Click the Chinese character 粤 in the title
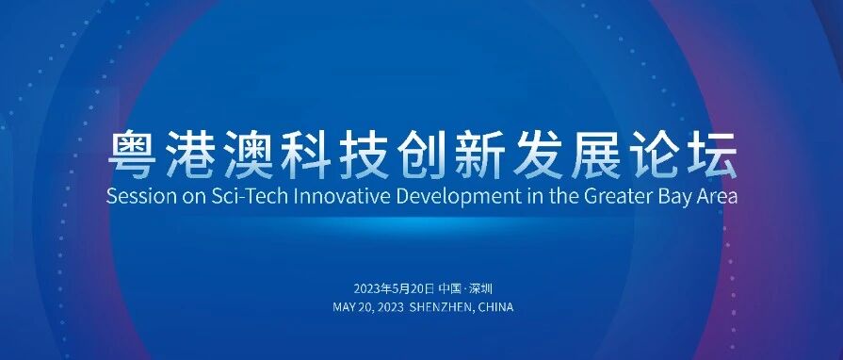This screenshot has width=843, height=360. [x=133, y=155]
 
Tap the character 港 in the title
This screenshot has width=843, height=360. [x=190, y=155]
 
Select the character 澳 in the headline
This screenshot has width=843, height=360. [x=249, y=155]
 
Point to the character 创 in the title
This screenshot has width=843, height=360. [x=422, y=155]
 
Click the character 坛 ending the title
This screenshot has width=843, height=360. [x=712, y=155]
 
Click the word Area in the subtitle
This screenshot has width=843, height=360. [x=717, y=196]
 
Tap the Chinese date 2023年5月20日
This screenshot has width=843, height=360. [x=394, y=289]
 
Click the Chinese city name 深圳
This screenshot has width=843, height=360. [x=480, y=289]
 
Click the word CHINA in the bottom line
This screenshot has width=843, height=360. [x=495, y=307]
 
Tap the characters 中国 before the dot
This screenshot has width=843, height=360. [x=449, y=289]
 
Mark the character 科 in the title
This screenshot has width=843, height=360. [x=306, y=155]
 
